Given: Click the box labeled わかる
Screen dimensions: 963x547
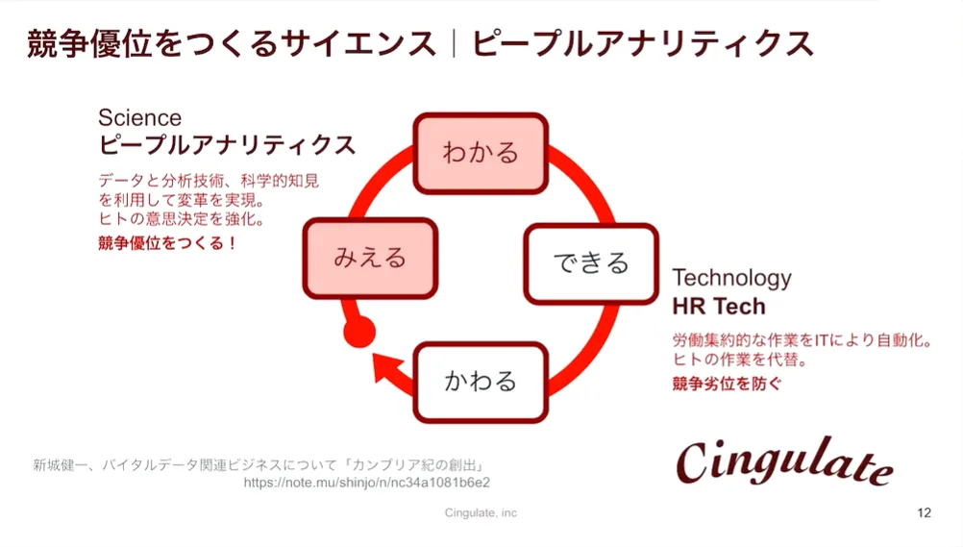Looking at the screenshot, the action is [x=480, y=153].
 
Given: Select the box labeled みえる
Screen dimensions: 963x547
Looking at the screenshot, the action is [x=370, y=258].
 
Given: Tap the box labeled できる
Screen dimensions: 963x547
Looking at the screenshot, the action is [x=591, y=263].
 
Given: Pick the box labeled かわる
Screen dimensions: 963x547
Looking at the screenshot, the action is [x=481, y=382].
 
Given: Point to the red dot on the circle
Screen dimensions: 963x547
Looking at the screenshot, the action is [x=358, y=333].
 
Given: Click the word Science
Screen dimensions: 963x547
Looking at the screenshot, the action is [x=139, y=118].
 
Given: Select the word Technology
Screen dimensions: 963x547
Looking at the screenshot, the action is [x=731, y=278].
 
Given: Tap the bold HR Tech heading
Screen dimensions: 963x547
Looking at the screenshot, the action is [x=719, y=307].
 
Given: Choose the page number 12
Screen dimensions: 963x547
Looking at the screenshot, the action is [x=924, y=513].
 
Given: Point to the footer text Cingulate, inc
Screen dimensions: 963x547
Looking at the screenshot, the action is [x=481, y=513].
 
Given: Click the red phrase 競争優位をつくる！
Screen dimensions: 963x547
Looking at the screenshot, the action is [x=167, y=243].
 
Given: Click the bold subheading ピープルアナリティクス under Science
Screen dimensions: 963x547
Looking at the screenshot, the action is [x=227, y=145].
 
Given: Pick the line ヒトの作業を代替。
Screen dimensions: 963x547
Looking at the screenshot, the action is [x=738, y=361].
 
